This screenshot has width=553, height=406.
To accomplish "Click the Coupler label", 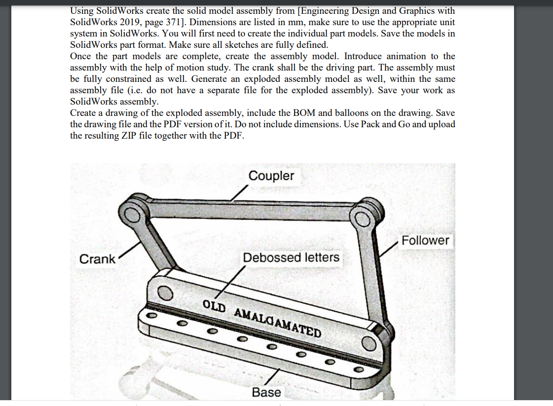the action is point(271,176).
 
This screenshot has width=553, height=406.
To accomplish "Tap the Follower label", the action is point(425,240).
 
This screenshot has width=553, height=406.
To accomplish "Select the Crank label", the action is point(97,259).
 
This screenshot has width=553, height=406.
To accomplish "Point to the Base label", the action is point(266,392).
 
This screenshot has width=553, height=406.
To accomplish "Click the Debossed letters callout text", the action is point(291,257).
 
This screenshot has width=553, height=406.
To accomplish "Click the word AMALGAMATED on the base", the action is point(277,322).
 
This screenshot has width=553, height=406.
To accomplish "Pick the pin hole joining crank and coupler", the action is point(133,214).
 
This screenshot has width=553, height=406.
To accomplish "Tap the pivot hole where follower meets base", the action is point(368,342).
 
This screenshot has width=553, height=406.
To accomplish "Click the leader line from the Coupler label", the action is point(240,194).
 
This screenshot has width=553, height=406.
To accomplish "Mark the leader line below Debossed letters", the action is point(232,282).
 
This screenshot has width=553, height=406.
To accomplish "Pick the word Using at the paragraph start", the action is point(82,10).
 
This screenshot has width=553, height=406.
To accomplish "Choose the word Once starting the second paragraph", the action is point(81,56).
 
